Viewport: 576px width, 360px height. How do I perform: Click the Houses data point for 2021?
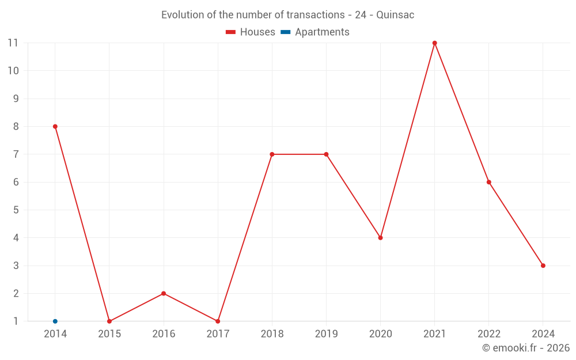pos(434,43)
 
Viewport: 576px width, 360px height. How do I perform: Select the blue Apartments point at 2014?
pos(55,321)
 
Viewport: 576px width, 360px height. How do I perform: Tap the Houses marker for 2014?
pos(55,126)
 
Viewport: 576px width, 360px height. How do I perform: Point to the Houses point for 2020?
pos(380,238)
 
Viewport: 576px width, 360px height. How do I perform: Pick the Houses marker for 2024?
pos(543,266)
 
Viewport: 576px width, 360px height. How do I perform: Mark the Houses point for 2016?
pos(164,293)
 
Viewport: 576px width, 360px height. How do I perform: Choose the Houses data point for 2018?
pos(272,154)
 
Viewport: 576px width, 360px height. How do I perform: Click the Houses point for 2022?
pos(489,182)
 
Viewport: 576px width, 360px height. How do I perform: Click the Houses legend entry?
pos(251,32)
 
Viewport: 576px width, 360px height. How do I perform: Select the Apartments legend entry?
pos(315,32)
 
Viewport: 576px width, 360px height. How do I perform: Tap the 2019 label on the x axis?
pos(326,334)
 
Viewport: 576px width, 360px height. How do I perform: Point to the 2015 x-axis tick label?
pos(109,334)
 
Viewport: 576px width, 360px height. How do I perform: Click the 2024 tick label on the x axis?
pos(543,334)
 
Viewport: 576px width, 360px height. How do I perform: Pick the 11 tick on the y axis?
pos(13,43)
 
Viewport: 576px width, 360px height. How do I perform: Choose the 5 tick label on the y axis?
pos(16,210)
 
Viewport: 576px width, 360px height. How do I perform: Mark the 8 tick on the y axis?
pos(16,126)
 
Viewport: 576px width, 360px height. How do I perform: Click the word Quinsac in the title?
pos(395,15)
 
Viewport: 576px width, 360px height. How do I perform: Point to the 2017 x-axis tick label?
pos(218,334)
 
